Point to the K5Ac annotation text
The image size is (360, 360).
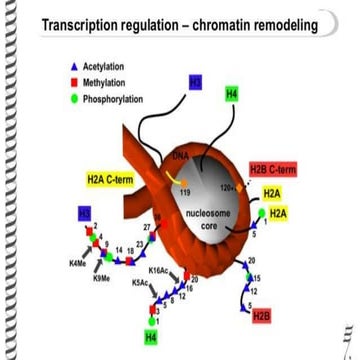point(143,283)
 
